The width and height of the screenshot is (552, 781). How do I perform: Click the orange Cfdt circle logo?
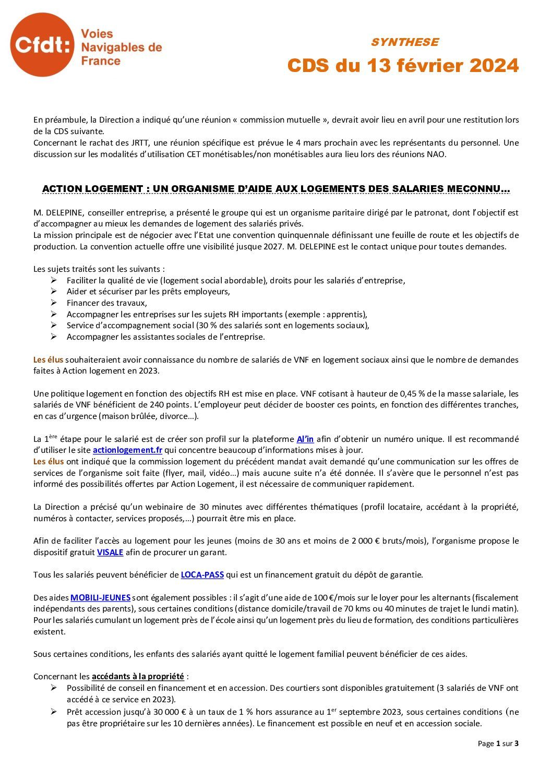point(42,45)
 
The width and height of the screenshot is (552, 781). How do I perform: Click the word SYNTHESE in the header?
point(404,42)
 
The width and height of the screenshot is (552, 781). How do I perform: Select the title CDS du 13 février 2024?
point(403,66)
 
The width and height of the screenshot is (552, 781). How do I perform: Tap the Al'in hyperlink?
point(305,439)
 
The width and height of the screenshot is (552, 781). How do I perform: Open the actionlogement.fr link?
point(127,450)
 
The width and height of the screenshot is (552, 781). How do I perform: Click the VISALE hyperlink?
point(110,552)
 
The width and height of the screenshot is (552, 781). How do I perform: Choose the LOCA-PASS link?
point(202,575)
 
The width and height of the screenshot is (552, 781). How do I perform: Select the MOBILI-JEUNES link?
point(100,598)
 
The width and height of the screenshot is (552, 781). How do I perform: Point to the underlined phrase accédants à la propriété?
point(138,677)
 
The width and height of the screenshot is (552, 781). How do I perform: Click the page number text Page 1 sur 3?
point(498,743)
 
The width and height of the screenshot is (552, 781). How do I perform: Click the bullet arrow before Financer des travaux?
point(54,303)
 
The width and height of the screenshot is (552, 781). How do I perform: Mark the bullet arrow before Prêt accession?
point(54,712)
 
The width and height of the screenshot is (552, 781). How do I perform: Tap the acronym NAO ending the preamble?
point(437,154)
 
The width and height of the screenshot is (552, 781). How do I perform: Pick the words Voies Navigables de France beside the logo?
point(121,47)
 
